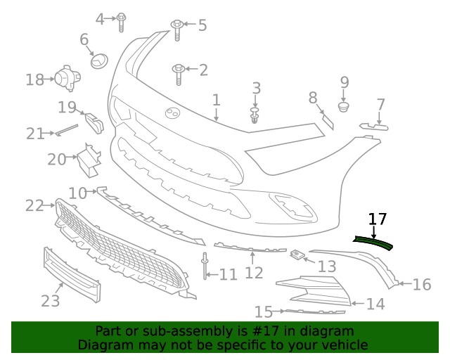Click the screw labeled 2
pyautogui.click(x=179, y=72)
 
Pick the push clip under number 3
pyautogui.click(x=255, y=114)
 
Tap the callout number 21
pyautogui.click(x=35, y=133)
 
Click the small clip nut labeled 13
pyautogui.click(x=297, y=255)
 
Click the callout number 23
pyautogui.click(x=50, y=301)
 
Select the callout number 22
pyautogui.click(x=35, y=205)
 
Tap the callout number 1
pyautogui.click(x=216, y=100)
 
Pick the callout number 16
pyautogui.click(x=421, y=284)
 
